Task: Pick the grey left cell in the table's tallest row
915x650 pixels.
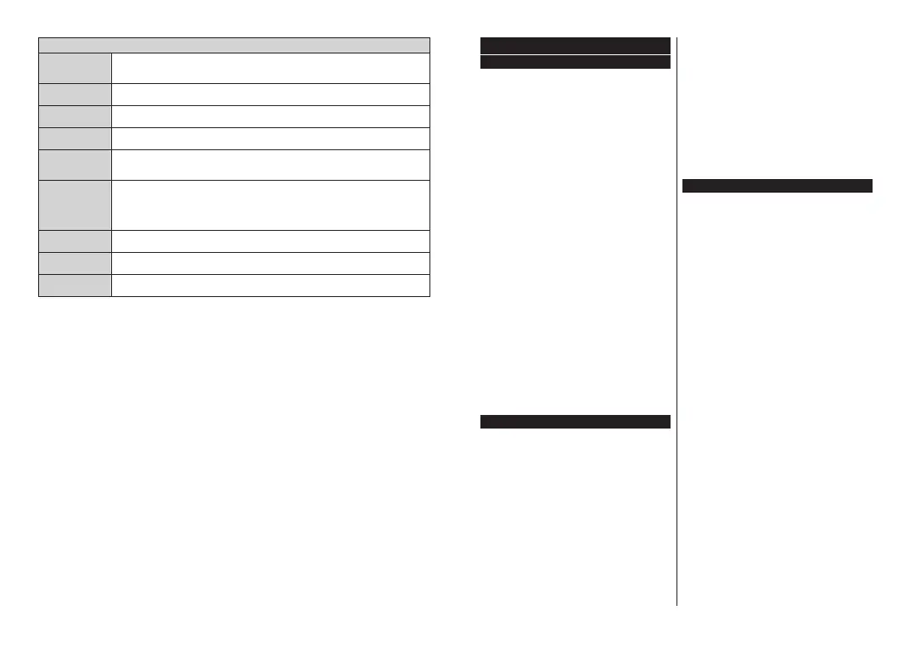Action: (x=75, y=205)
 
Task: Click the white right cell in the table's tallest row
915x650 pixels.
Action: (x=271, y=205)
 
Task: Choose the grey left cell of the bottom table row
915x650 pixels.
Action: (x=75, y=285)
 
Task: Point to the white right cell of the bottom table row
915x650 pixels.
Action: (x=271, y=285)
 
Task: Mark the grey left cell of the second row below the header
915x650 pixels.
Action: (x=75, y=94)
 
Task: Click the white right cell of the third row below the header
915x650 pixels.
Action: (x=271, y=116)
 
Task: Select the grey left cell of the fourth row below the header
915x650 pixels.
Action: (x=75, y=138)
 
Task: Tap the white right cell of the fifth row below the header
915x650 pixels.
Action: (x=271, y=165)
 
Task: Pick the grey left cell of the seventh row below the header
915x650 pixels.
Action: (x=75, y=241)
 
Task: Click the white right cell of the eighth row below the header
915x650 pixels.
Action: (x=271, y=263)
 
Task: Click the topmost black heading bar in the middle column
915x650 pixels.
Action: (x=575, y=45)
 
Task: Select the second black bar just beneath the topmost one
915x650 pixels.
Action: (x=575, y=62)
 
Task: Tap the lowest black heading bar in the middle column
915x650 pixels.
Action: (x=575, y=422)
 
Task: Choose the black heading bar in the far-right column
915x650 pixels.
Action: (x=777, y=185)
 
